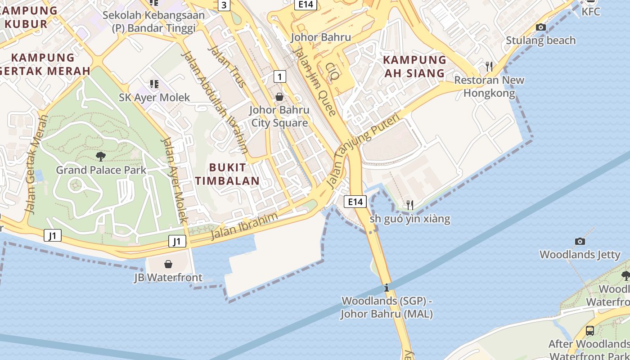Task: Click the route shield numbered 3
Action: click(x=224, y=5)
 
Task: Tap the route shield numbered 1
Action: click(x=279, y=76)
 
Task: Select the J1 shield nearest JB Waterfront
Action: click(x=177, y=241)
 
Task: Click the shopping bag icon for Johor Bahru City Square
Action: click(x=279, y=97)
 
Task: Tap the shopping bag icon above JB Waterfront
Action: click(x=168, y=264)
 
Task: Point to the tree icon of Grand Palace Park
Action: click(x=101, y=156)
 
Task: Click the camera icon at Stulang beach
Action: click(x=541, y=27)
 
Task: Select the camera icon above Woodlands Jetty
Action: click(x=580, y=241)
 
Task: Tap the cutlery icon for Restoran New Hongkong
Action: click(x=489, y=67)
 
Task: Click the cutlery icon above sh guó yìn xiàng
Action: click(x=409, y=205)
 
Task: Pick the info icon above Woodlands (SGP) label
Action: click(x=387, y=288)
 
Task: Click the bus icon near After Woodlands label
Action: click(x=589, y=330)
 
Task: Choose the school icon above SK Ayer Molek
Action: click(x=154, y=84)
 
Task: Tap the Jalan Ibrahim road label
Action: click(x=245, y=226)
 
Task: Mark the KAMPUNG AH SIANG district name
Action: click(x=414, y=66)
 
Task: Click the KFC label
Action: click(x=591, y=12)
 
